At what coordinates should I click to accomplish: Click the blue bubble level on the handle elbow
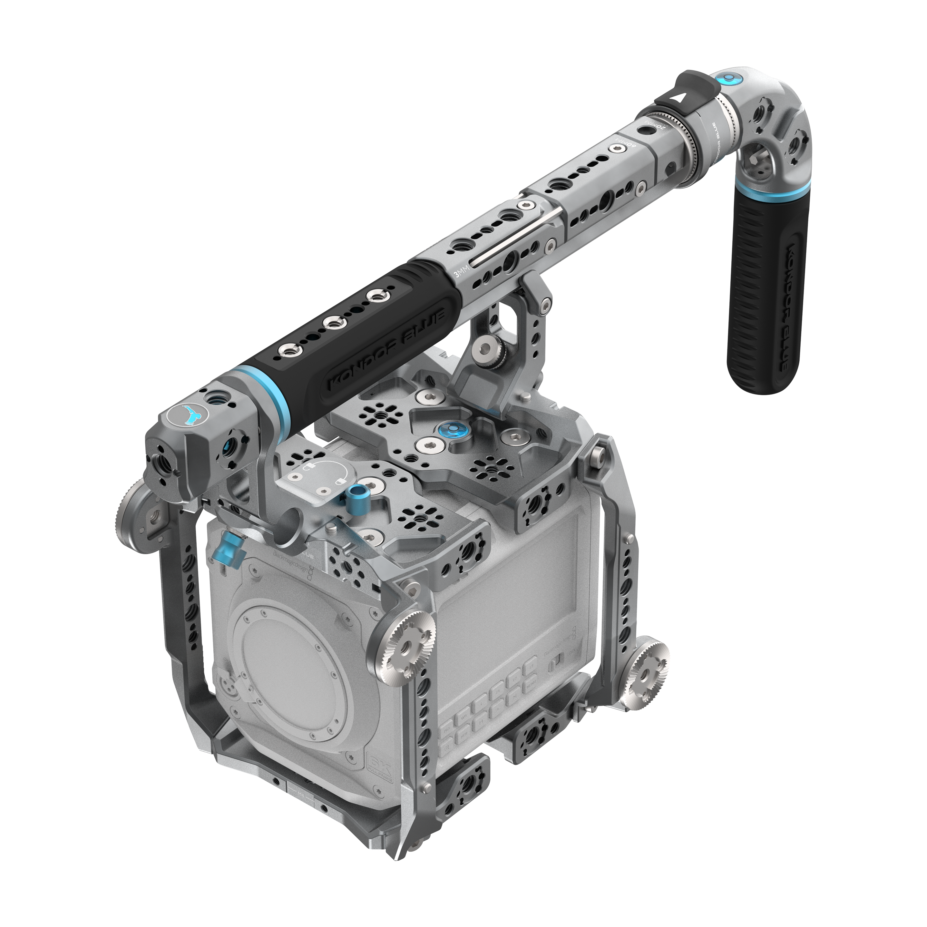[726, 77]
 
